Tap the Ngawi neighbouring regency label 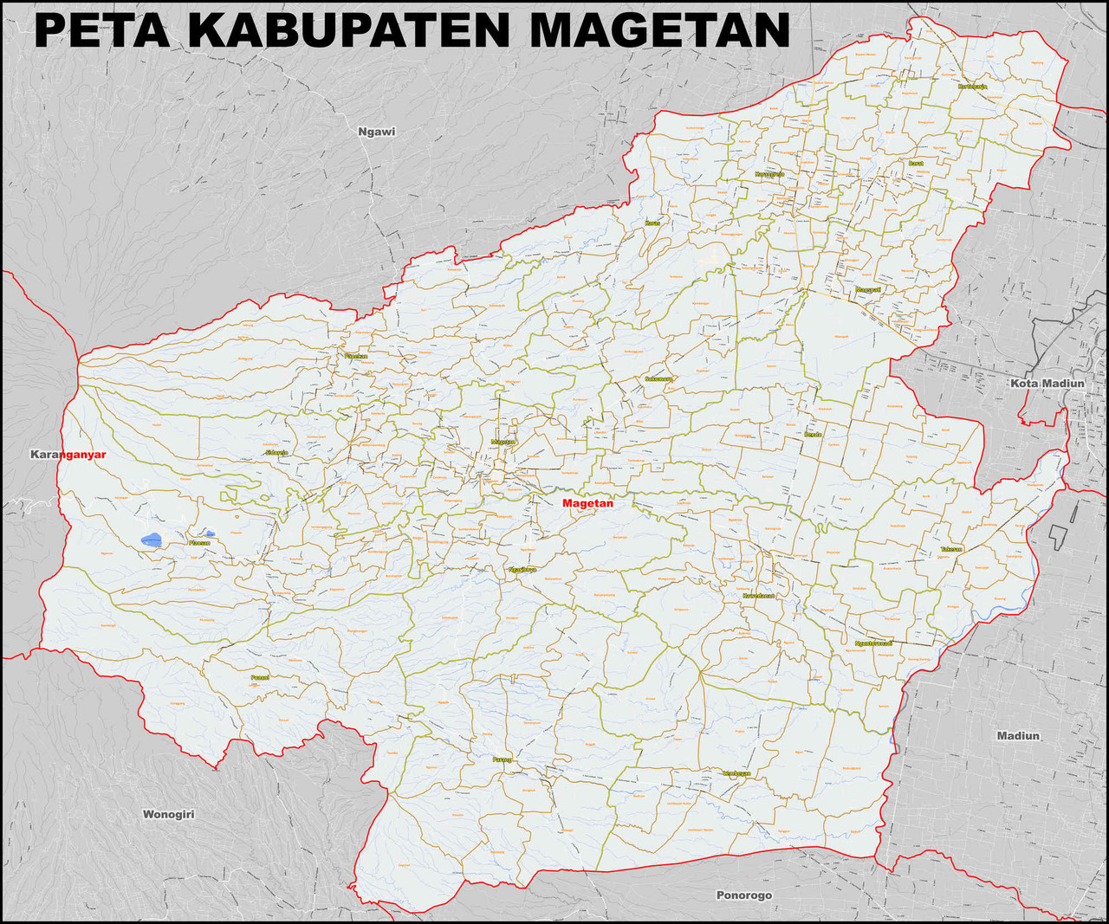(376, 132)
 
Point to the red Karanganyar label (68, 455)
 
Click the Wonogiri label (168, 814)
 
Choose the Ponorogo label (743, 895)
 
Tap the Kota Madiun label (1047, 383)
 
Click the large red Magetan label (587, 503)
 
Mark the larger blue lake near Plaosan (152, 540)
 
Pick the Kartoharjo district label (973, 87)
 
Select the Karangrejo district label (769, 174)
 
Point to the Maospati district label (868, 289)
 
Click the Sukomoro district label (658, 378)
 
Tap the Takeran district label (951, 549)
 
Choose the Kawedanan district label (759, 596)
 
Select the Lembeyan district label (736, 773)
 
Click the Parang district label (502, 759)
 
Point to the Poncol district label (260, 677)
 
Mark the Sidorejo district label (276, 453)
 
